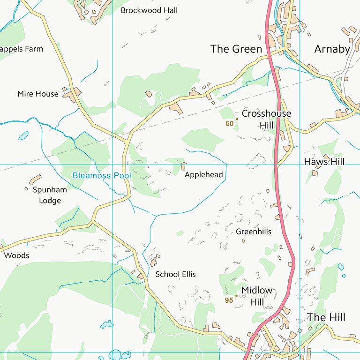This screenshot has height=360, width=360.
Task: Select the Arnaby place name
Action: click(x=332, y=49)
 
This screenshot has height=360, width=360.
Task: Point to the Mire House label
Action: click(x=38, y=94)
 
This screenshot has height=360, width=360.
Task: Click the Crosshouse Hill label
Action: click(x=266, y=119)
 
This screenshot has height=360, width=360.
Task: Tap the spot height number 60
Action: click(x=229, y=124)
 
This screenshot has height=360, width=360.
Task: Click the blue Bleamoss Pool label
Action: click(x=98, y=175)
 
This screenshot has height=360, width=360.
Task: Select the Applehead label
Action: click(x=203, y=175)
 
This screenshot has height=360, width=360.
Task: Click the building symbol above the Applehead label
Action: click(x=183, y=166)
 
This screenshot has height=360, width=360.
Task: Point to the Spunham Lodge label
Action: click(x=50, y=195)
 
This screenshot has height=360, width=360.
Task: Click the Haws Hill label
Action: click(x=324, y=162)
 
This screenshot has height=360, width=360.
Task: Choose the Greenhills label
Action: click(x=254, y=232)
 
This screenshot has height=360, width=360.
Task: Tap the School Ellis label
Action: click(x=175, y=274)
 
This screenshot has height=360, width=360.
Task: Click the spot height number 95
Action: click(x=229, y=300)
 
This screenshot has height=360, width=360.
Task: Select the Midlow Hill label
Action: click(x=256, y=296)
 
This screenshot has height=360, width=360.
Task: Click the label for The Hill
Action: click(x=326, y=317)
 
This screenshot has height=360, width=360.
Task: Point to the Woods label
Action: click(x=16, y=255)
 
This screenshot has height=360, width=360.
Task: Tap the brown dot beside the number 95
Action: click(x=236, y=296)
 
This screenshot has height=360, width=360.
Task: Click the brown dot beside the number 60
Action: click(x=237, y=119)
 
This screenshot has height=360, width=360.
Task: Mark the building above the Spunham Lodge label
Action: click(x=35, y=180)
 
